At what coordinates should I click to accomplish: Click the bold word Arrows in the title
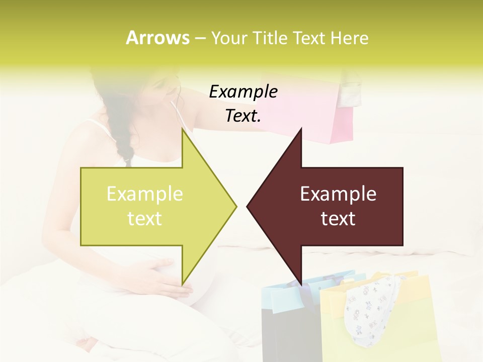click(x=157, y=38)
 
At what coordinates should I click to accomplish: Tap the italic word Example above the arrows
click(x=243, y=92)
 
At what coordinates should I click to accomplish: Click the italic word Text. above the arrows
click(x=243, y=116)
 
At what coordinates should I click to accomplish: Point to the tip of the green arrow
click(x=235, y=206)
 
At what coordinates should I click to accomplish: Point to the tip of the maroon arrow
click(x=248, y=206)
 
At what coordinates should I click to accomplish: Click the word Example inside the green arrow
click(x=145, y=194)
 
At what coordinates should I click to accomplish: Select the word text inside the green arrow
click(x=145, y=219)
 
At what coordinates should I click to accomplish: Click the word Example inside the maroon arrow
click(x=338, y=194)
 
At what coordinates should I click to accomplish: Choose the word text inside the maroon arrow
click(x=338, y=219)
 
